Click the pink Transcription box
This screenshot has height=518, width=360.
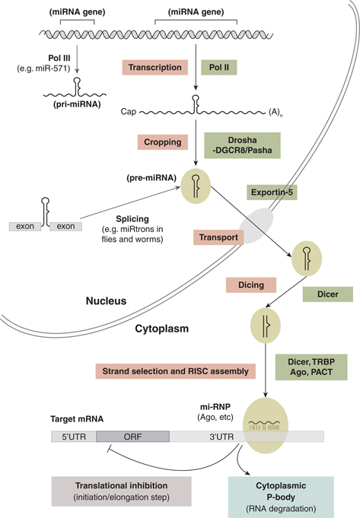[x=155, y=68]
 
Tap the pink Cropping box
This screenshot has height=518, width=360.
[x=161, y=142]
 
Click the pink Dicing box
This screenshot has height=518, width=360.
[x=250, y=284]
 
